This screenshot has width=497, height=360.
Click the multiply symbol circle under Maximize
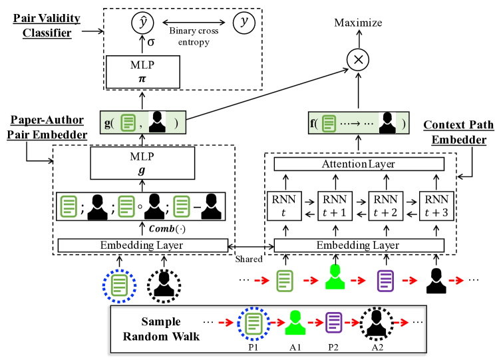[358, 60]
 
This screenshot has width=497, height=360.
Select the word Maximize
[359, 23]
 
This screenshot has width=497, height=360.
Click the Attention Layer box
[358, 164]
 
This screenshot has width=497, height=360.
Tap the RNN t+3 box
[435, 206]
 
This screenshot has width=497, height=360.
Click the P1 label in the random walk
[253, 346]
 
